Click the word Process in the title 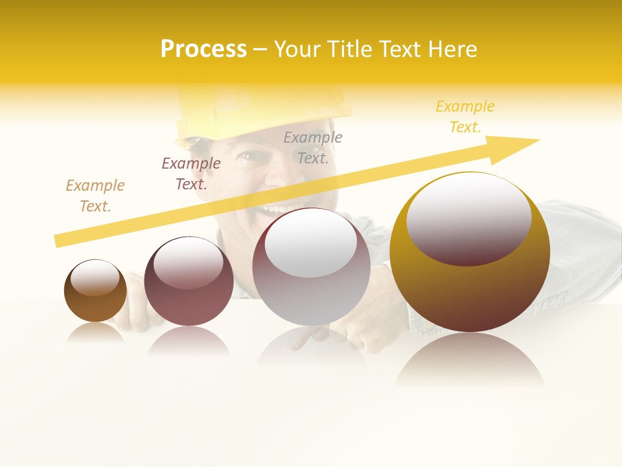point(203,49)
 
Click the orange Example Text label point(95,195)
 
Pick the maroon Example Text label point(191,173)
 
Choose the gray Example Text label point(313,147)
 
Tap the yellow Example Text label point(465,117)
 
